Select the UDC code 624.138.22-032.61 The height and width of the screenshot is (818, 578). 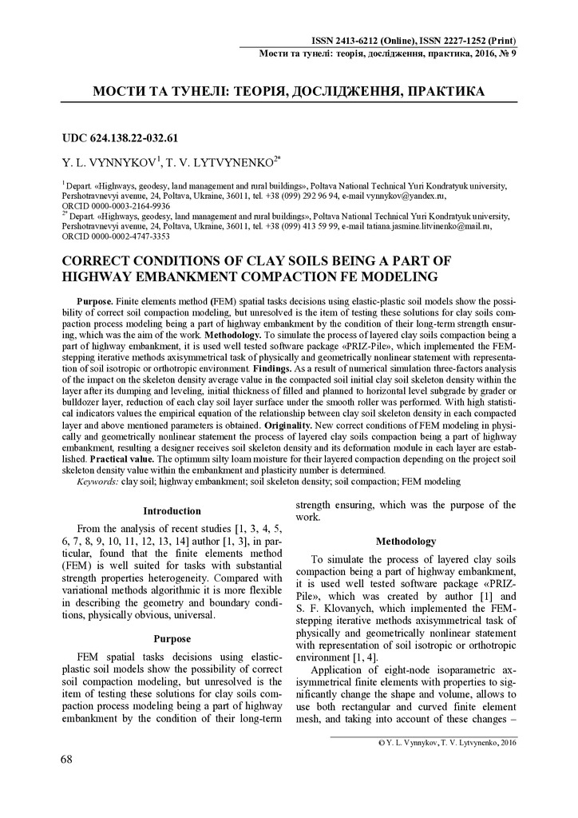[x=133, y=137]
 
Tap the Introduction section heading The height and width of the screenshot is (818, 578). [x=172, y=510]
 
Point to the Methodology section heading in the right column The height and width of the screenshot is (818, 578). [x=406, y=542]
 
